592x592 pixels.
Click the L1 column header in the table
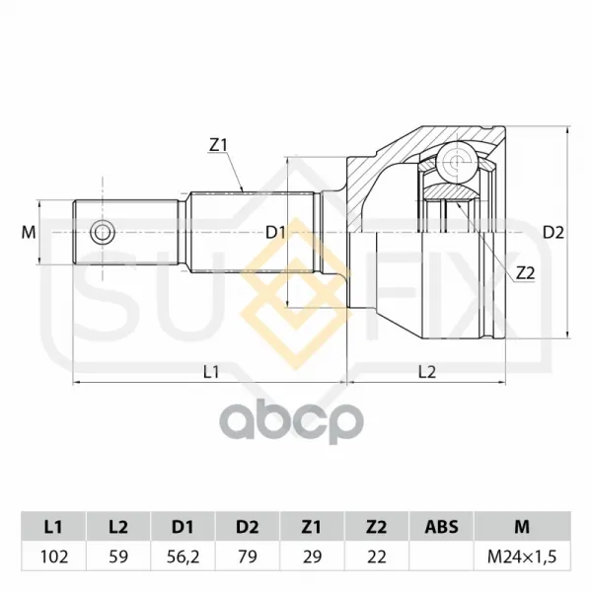pyautogui.click(x=53, y=526)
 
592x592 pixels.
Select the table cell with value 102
pyautogui.click(x=53, y=556)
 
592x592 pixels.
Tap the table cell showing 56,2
pyautogui.click(x=183, y=556)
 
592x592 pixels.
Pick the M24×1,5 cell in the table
pyautogui.click(x=522, y=556)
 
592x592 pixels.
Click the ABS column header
pyautogui.click(x=441, y=526)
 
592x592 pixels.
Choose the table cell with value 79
pyautogui.click(x=248, y=556)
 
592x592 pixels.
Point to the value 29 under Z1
pyautogui.click(x=312, y=556)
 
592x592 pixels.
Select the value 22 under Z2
pyautogui.click(x=377, y=556)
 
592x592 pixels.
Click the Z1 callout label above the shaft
pyautogui.click(x=218, y=145)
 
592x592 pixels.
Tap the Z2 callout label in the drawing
pyautogui.click(x=526, y=273)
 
